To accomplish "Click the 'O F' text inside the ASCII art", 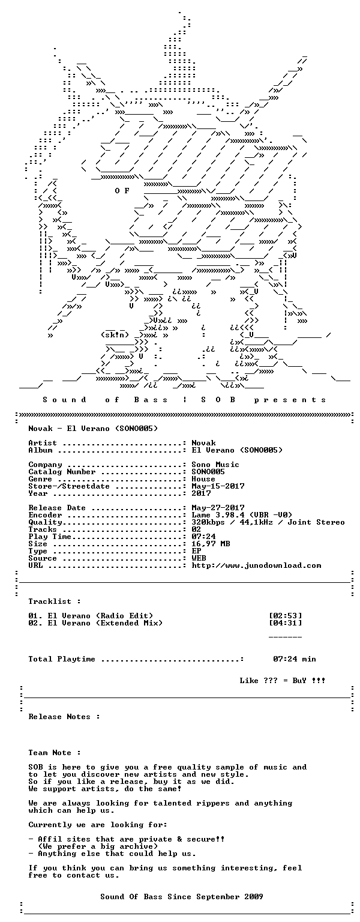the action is pyautogui.click(x=122, y=190).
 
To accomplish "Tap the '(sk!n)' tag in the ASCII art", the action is pyautogui.click(x=115, y=334).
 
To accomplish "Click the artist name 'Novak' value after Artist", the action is pyautogui.click(x=203, y=443).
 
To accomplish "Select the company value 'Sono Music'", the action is pyautogui.click(x=215, y=464).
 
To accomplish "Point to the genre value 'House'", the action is pyautogui.click(x=203, y=478).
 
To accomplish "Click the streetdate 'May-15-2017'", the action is pyautogui.click(x=218, y=486).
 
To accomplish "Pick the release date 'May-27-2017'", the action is pyautogui.click(x=218, y=507).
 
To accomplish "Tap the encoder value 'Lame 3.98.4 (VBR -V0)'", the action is pyautogui.click(x=242, y=515).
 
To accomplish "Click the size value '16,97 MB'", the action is pyautogui.click(x=211, y=544).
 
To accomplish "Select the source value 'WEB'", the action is pyautogui.click(x=199, y=558).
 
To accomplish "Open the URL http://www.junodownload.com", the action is pyautogui.click(x=256, y=565).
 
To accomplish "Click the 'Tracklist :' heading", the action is pyautogui.click(x=55, y=601).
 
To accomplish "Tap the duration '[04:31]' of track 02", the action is pyautogui.click(x=285, y=622).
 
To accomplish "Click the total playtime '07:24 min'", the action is pyautogui.click(x=295, y=659).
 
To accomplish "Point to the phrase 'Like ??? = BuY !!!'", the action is pyautogui.click(x=282, y=680).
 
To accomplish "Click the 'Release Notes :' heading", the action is pyautogui.click(x=64, y=717).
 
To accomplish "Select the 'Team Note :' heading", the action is pyautogui.click(x=55, y=752).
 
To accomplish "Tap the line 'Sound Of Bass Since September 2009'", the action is pyautogui.click(x=182, y=896).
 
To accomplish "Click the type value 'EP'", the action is pyautogui.click(x=196, y=550).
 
